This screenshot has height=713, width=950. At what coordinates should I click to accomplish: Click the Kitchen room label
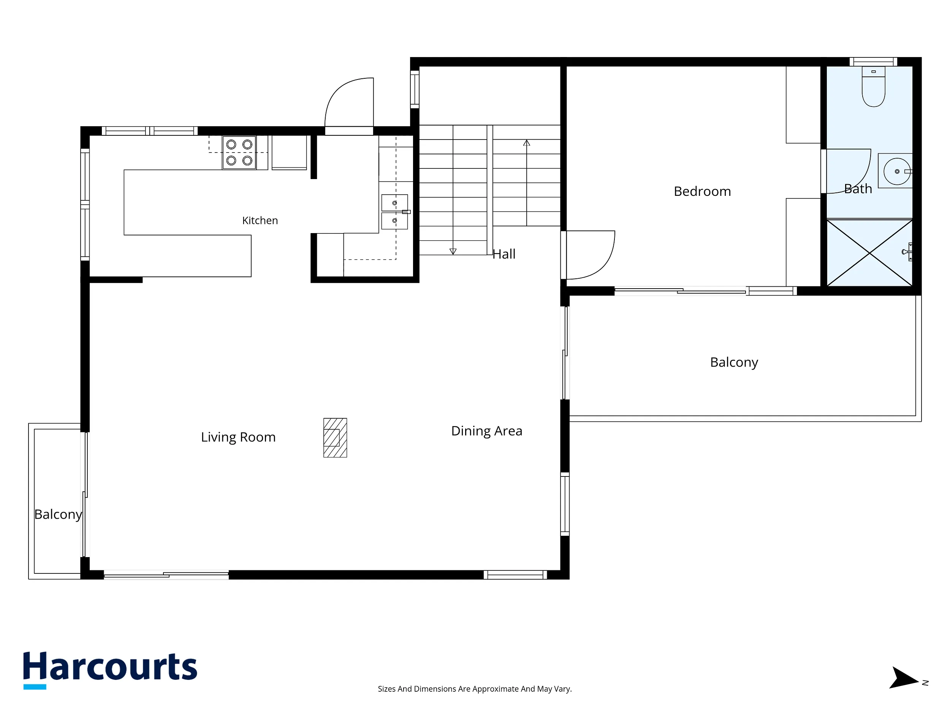tap(260, 221)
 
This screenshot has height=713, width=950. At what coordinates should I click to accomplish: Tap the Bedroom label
tap(702, 191)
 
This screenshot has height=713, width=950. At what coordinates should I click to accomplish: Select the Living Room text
tap(238, 437)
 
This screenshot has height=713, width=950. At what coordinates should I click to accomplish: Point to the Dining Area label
tap(487, 431)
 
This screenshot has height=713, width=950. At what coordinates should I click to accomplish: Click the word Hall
tap(504, 254)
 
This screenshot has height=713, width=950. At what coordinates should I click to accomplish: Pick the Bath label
tap(858, 189)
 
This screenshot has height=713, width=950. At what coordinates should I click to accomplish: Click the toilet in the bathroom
tap(874, 86)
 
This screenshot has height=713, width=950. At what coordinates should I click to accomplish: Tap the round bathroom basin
tap(897, 172)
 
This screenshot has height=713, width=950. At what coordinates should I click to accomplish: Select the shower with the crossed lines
tap(869, 253)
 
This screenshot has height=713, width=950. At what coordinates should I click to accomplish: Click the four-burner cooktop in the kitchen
tap(239, 152)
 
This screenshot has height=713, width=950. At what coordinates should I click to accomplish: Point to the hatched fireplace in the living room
tap(335, 438)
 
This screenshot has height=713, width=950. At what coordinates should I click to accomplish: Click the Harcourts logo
tap(110, 669)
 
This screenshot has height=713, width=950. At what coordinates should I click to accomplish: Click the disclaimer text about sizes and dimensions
tap(475, 689)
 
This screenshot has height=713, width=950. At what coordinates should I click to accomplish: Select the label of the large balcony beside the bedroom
tap(734, 362)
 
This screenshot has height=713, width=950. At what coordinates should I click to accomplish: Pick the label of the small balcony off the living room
tap(58, 515)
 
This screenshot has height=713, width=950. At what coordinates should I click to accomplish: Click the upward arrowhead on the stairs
tap(527, 143)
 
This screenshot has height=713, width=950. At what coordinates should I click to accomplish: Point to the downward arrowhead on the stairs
tap(453, 251)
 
